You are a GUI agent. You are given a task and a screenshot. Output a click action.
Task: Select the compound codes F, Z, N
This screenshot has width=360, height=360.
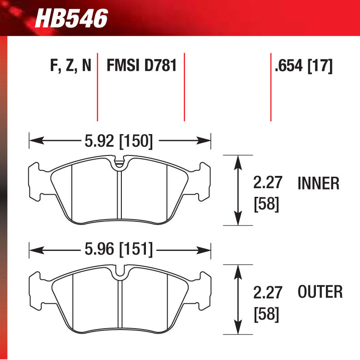[x=70, y=66]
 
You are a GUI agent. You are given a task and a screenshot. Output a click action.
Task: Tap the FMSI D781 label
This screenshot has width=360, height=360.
[x=141, y=66]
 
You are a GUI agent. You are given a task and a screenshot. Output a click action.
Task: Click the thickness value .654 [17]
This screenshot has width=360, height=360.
[x=304, y=66]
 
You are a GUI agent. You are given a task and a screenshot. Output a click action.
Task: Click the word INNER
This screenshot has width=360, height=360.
[x=318, y=183]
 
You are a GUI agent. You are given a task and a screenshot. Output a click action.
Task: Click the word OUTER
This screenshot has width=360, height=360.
[x=320, y=292]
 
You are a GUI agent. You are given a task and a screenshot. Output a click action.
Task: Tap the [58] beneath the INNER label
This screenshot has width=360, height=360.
[x=266, y=204]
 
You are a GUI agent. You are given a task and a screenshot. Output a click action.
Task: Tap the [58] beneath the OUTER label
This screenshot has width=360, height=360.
[x=266, y=313]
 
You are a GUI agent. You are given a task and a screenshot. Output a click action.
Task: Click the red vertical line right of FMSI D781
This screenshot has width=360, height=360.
[x=184, y=89]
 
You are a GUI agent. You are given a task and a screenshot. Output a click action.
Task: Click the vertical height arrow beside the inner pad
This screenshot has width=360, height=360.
[x=237, y=190]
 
